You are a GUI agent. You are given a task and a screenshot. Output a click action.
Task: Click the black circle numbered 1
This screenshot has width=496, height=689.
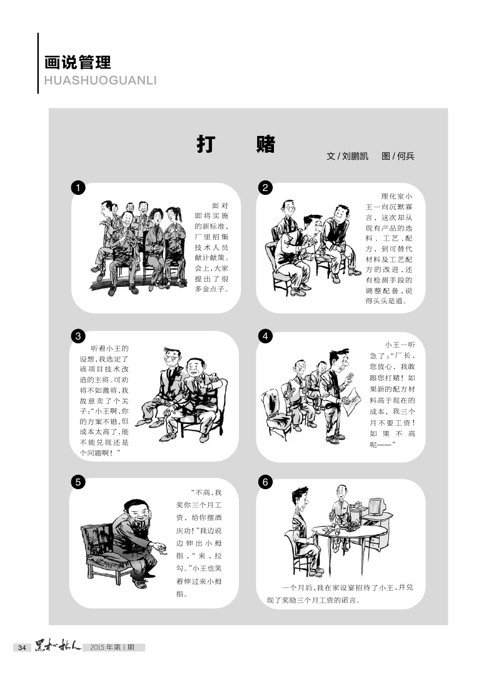tap(78, 188)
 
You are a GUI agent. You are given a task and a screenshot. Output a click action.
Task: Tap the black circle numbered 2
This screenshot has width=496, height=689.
tap(265, 188)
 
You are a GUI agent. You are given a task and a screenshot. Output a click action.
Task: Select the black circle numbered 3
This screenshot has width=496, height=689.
tap(78, 336)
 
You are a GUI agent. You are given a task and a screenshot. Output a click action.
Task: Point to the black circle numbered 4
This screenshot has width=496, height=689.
tap(265, 336)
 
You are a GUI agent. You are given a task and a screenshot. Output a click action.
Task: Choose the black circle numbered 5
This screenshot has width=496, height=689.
tap(78, 482)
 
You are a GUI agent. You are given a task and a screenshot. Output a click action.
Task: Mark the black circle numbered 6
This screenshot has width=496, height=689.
tap(265, 482)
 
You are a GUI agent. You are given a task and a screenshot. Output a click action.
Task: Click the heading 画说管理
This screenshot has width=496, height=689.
tap(78, 62)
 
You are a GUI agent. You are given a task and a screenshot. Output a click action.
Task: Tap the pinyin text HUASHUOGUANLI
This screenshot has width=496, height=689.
tap(101, 81)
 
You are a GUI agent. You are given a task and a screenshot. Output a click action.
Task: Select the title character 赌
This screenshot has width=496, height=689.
tap(266, 144)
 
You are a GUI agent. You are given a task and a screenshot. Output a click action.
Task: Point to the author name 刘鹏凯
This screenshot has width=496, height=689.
tap(355, 156)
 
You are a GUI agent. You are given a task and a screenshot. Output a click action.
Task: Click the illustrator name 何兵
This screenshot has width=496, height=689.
tap(405, 156)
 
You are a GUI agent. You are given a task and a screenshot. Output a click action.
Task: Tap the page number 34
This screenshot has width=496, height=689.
tap(22, 647)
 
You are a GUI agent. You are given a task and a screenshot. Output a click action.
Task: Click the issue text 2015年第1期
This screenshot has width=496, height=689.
tap(113, 647)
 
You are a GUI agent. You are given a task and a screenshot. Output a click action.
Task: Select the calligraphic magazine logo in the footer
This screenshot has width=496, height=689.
tap(58, 646)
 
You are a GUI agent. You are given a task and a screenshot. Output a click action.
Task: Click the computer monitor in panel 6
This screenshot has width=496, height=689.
tap(376, 507)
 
